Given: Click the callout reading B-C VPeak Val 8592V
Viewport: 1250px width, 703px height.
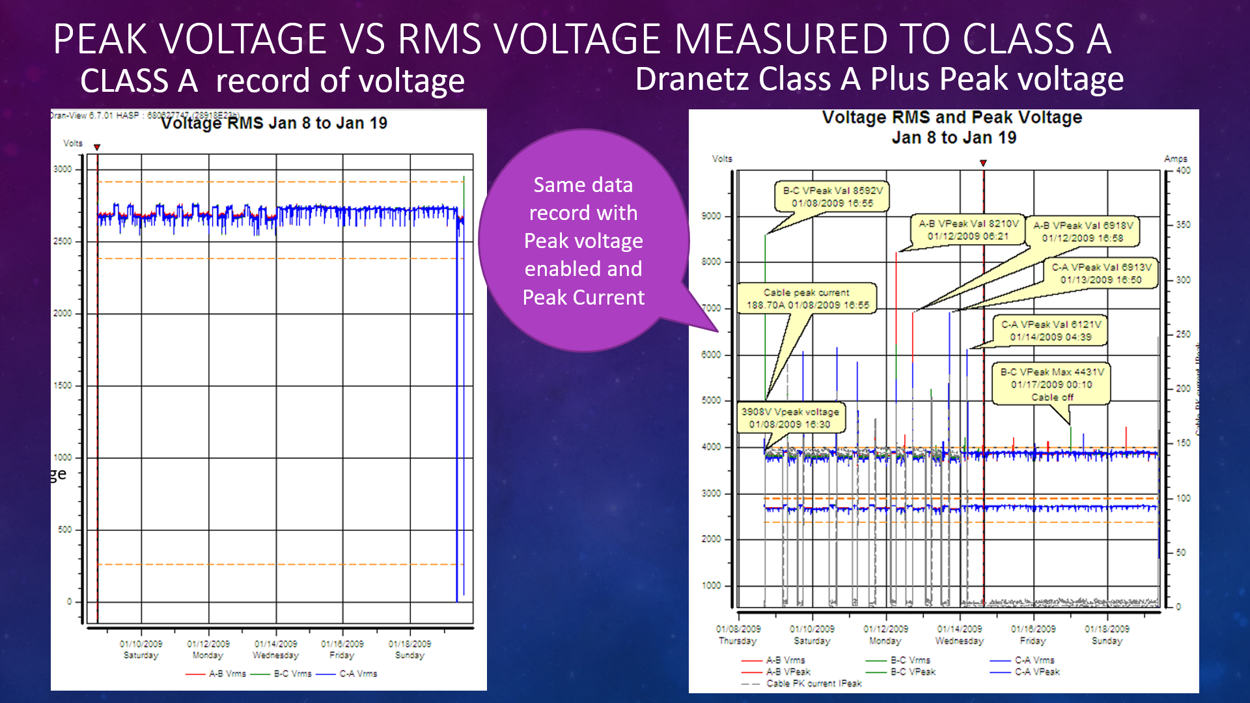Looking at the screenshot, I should tap(833, 197).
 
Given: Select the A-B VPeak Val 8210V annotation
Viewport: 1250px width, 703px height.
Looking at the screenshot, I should tap(967, 230).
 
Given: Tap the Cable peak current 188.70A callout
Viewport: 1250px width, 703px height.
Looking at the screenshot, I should tap(807, 299).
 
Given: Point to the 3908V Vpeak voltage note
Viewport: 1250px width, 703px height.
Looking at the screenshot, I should tap(790, 418).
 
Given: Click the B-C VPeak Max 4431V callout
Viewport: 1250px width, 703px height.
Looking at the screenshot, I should tap(1051, 384).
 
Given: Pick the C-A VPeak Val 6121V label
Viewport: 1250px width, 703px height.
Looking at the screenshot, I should tap(1051, 330).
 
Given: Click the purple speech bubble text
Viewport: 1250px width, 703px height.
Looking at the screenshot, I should tap(583, 241).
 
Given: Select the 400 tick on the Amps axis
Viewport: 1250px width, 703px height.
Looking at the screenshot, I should tap(1183, 171).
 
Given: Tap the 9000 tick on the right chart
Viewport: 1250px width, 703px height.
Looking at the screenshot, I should tap(711, 216).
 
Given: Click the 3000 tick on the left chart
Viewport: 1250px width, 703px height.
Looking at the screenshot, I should tap(63, 169).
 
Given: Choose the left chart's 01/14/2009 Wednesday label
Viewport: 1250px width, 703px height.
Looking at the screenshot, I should tap(275, 649).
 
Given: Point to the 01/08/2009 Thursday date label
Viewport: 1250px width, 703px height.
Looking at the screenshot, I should tap(738, 635).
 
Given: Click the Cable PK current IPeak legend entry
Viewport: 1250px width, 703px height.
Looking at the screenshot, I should tap(813, 683).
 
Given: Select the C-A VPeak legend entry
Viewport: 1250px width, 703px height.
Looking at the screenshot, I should tap(1036, 672).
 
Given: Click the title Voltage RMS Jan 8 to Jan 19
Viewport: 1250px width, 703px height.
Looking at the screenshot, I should tap(274, 123).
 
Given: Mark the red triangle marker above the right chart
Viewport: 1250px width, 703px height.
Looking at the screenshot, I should tap(983, 163).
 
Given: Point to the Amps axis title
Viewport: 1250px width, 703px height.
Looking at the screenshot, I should tap(1175, 159).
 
